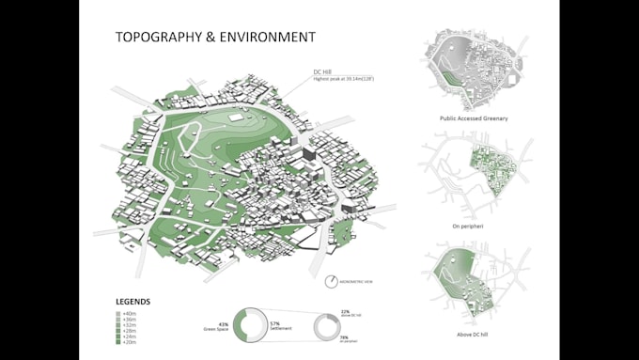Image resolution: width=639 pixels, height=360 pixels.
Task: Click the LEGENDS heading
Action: coord(132,302)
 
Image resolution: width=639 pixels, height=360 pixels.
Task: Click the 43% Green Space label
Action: coord(217,327)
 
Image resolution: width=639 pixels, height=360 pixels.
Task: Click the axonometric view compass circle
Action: coord(334,281)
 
